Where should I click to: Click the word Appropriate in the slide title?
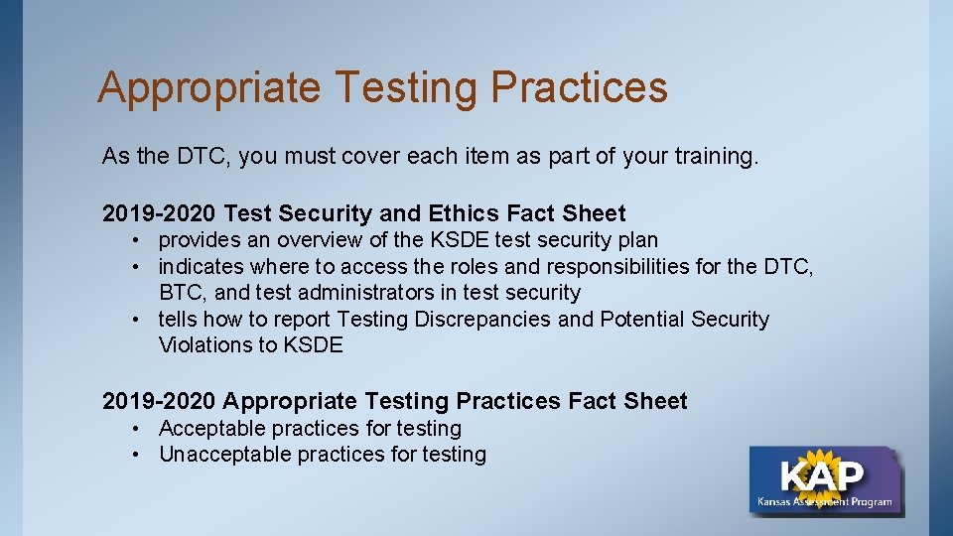209,87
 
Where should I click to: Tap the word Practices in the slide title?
579,87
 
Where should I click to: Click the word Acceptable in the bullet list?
211,429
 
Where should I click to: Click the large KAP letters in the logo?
822,475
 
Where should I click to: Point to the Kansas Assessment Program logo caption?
824,502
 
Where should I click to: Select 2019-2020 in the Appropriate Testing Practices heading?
159,401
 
